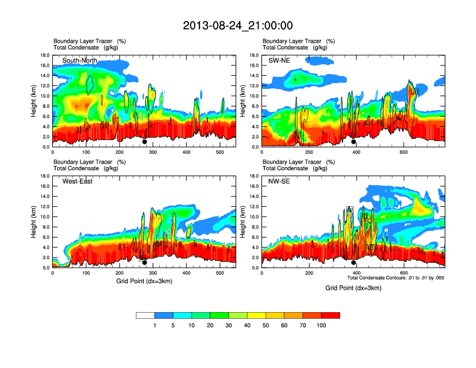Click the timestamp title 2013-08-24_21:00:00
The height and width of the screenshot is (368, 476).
point(237,25)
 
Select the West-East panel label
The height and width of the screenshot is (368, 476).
point(78,182)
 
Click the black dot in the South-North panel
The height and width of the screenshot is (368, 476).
point(144,142)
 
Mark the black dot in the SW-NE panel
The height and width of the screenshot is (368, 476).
point(353,142)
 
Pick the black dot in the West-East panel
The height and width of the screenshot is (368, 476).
point(144,263)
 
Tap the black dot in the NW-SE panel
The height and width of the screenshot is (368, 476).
point(353,263)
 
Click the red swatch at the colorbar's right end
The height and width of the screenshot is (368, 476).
point(331,315)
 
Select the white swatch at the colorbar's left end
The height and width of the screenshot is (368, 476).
point(145,315)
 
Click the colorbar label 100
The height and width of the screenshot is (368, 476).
point(322,325)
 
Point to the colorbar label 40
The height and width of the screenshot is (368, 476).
point(247,325)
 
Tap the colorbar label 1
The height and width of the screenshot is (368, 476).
point(154,325)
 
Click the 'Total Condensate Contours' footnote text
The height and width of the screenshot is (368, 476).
point(395,278)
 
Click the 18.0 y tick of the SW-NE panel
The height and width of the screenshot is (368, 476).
point(254,55)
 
